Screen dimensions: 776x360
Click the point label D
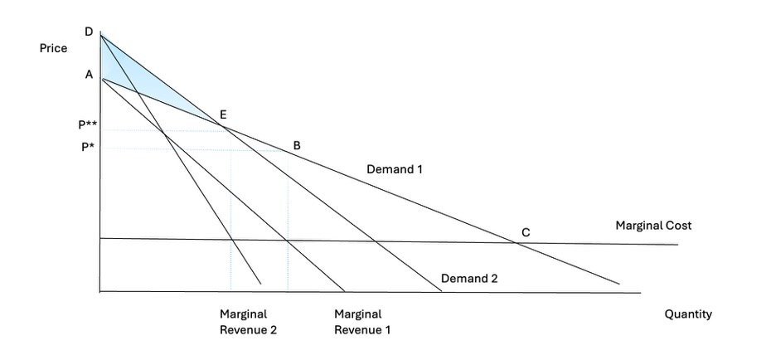click(89, 32)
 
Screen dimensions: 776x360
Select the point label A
click(89, 75)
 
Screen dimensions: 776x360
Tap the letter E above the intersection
click(223, 114)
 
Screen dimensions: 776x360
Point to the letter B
click(297, 146)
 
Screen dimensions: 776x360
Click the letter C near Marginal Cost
click(526, 232)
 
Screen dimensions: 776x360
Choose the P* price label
click(89, 147)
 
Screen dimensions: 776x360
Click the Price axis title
click(53, 49)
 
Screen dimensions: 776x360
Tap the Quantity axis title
click(688, 314)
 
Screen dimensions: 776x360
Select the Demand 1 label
click(395, 169)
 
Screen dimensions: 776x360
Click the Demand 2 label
click(469, 278)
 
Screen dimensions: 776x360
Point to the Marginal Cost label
click(653, 226)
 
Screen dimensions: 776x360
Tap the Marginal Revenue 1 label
click(362, 322)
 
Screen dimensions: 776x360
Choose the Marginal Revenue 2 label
click(249, 322)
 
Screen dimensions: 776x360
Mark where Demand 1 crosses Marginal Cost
click(517, 243)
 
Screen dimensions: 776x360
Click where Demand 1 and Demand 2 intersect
click(223, 127)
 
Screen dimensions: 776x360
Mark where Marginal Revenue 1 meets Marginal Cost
click(287, 241)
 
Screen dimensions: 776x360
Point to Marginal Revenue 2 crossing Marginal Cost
click(232, 241)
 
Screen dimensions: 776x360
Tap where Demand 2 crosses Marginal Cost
click(376, 241)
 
